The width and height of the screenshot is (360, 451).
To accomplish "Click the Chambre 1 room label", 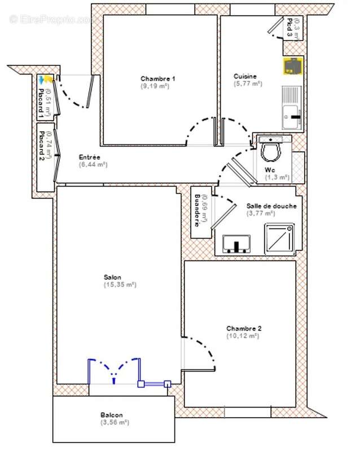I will click(158, 78).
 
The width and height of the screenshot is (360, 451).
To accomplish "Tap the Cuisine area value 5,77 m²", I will click(248, 83).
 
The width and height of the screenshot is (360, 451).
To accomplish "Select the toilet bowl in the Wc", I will click(273, 151).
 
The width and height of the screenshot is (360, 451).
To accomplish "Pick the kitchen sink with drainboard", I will click(292, 107).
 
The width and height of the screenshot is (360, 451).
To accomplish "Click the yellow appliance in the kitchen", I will click(293, 67).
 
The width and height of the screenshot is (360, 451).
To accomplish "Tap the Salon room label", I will click(112, 277).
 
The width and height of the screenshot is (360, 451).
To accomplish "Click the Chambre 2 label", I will click(244, 328).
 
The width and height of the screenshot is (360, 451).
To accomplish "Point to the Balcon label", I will click(112, 414).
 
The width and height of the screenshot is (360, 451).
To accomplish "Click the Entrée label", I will click(90, 157).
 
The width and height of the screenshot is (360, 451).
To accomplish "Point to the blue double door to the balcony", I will click(114, 370).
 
